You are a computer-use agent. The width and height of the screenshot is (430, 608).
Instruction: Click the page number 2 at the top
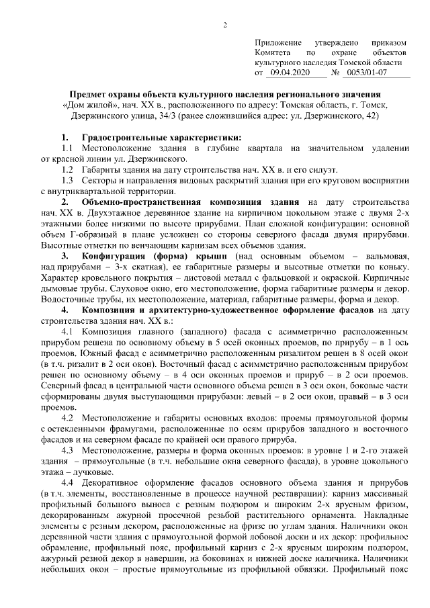225,26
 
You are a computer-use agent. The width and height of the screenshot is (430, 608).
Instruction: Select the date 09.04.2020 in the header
289,71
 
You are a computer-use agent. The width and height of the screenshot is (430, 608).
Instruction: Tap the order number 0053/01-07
364,71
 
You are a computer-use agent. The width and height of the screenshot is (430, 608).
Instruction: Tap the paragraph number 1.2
67,170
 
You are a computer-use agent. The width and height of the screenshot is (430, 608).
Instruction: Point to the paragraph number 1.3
67,181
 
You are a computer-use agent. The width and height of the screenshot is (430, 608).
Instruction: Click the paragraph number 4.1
67,331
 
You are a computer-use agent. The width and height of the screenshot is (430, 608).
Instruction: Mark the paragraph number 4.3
67,449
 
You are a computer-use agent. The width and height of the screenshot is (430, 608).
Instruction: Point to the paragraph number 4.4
67,482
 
